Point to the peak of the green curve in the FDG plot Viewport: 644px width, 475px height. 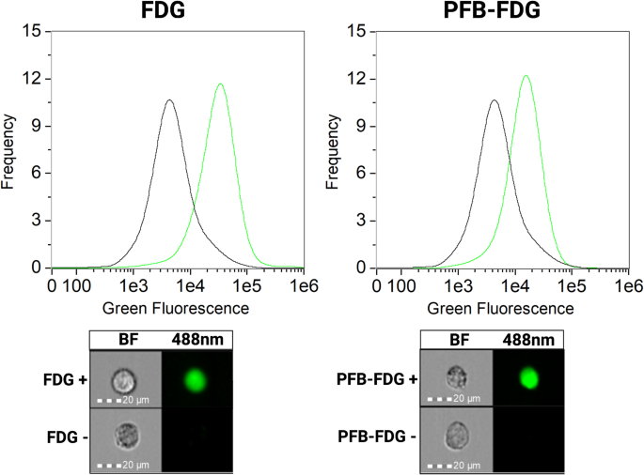click(220, 84)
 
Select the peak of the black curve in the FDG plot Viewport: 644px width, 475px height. click(169, 100)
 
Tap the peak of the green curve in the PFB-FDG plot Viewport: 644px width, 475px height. click(526, 76)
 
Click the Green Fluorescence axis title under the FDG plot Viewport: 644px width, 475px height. click(175, 307)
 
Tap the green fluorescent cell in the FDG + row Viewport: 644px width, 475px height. click(196, 379)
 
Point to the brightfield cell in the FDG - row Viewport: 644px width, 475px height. click(124, 437)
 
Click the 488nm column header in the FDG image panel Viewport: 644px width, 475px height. click(196, 341)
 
